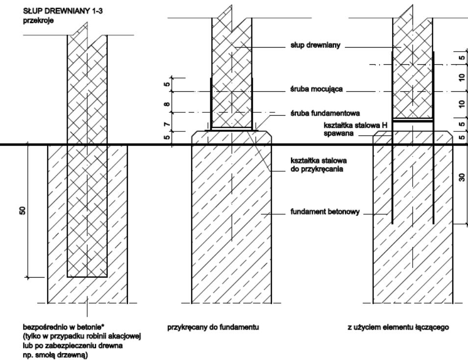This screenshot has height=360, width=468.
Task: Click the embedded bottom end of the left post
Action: [x=87, y=276]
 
